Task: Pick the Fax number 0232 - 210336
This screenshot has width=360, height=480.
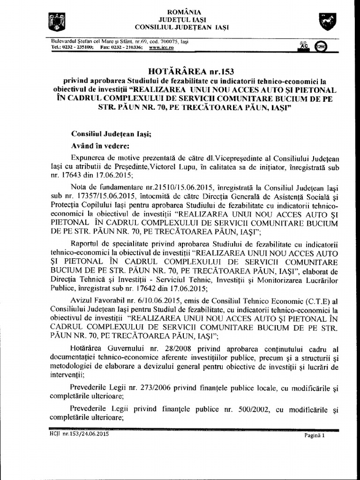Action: click(123, 47)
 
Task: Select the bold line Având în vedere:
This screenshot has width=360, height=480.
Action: click(97, 145)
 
